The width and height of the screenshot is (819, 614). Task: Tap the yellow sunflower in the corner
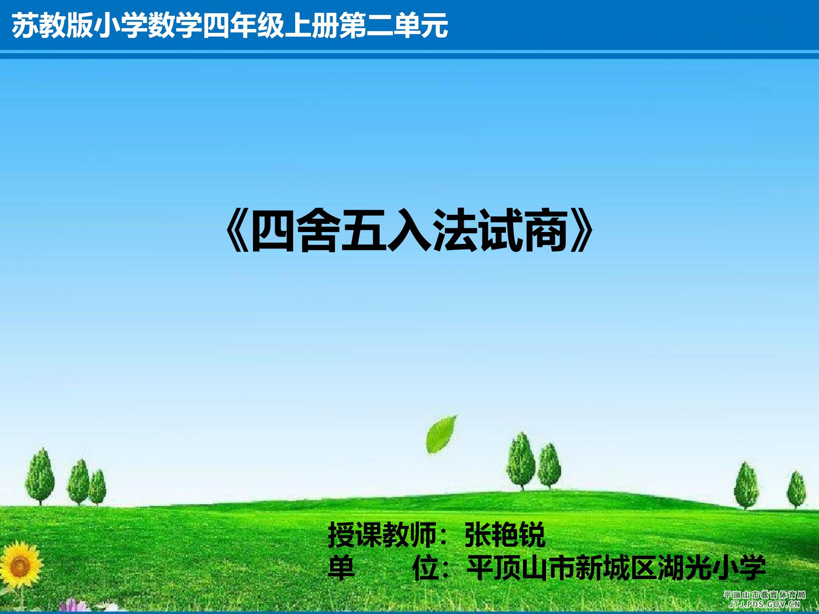pos(19,566)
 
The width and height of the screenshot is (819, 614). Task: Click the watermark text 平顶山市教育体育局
pos(764,595)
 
